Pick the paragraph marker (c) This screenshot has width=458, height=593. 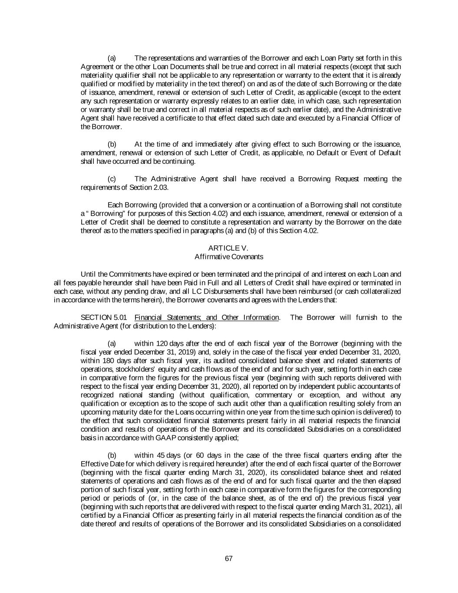tap(112, 179)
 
